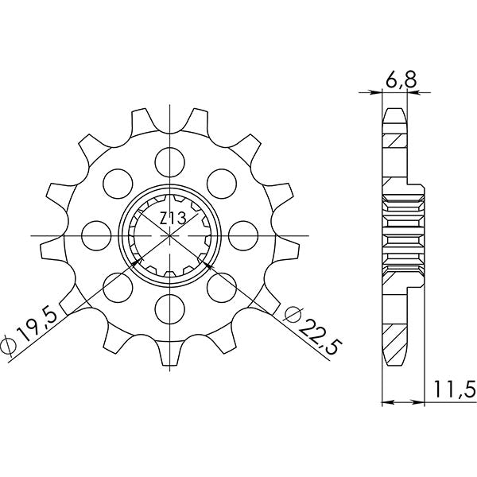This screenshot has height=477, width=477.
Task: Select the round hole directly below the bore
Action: point(170,307)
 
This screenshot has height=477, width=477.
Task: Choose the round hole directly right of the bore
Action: point(242,235)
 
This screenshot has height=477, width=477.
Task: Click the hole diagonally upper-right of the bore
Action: point(221,184)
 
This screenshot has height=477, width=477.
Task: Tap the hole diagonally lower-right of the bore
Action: point(221,285)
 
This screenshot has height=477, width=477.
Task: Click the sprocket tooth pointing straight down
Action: point(170,358)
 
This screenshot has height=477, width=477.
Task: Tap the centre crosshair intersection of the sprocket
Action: point(170,235)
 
